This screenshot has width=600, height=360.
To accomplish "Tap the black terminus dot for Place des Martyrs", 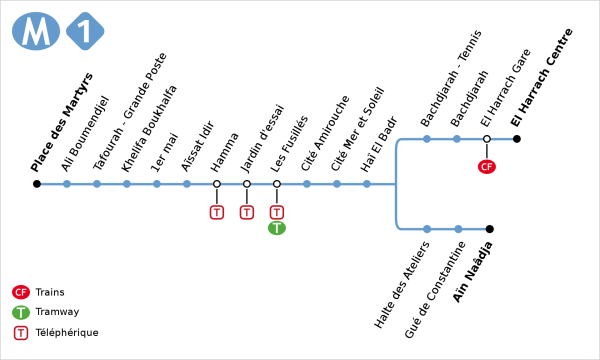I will tap(37, 184).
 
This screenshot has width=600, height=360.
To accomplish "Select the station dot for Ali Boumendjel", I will tap(67, 184).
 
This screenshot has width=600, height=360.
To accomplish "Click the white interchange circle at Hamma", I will tap(217, 184).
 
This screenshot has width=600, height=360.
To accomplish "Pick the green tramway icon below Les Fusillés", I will tap(277, 228).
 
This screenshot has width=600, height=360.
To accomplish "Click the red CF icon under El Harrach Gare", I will tap(487, 166).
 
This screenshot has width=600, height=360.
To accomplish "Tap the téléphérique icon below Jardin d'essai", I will tap(247, 212).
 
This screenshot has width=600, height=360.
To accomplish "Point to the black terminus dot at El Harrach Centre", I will tap(517, 139).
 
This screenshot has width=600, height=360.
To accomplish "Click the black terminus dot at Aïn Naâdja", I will tap(489, 229).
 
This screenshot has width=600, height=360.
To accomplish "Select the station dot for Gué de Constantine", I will tap(457, 229).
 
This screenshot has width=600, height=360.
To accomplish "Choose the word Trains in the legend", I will tap(50, 292).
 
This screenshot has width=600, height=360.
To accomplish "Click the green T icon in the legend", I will tap(20, 312).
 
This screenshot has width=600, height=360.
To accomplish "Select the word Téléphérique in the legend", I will tap(66, 332).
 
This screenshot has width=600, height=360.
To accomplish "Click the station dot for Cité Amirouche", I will tap(307, 184).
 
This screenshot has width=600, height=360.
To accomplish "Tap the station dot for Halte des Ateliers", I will tap(427, 229).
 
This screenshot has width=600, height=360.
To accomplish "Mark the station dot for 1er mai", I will tap(157, 184).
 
